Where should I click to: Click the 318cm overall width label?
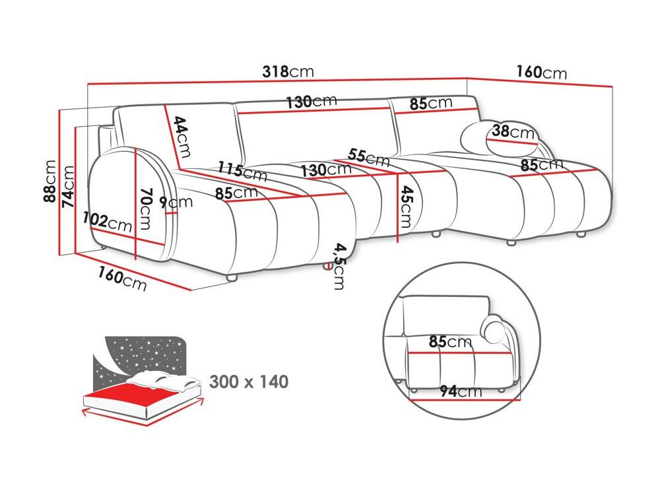click(x=288, y=72)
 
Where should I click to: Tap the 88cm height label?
click(x=49, y=181)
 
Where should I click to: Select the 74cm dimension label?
click(x=68, y=186)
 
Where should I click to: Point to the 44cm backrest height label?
click(x=181, y=137)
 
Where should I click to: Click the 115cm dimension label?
click(x=243, y=171)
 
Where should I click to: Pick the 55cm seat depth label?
click(x=368, y=157)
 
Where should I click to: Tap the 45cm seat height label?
click(x=406, y=207)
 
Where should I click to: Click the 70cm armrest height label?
click(x=145, y=209)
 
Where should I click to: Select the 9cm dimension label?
click(x=176, y=203)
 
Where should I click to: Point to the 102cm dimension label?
click(x=108, y=222)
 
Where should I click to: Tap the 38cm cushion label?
click(x=513, y=131)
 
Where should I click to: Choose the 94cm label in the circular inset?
click(x=461, y=391)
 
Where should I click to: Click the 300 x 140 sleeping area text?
click(x=249, y=382)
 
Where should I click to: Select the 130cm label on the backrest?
click(x=312, y=101)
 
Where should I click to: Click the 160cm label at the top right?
click(x=541, y=72)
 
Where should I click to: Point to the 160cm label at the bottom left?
click(x=122, y=279)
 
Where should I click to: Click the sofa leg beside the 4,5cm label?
click(x=327, y=265)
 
